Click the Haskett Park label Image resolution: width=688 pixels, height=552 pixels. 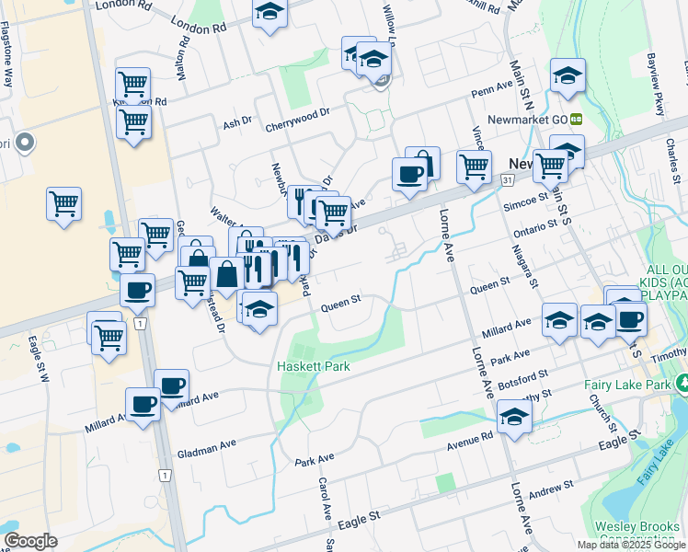pyautogui.click(x=312, y=366)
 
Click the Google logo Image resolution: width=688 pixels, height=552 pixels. pyautogui.click(x=30, y=541)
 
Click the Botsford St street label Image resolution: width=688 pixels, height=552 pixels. pyautogui.click(x=520, y=374)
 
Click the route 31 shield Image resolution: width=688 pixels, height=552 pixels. pyautogui.click(x=507, y=180)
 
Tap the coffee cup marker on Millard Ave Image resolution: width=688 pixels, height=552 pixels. pyautogui.click(x=143, y=403)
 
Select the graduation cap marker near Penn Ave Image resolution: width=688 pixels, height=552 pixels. pyautogui.click(x=568, y=75)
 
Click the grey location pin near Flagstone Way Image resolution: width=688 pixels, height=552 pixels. pyautogui.click(x=25, y=144)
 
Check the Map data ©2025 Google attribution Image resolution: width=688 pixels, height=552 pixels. pyautogui.click(x=630, y=545)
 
